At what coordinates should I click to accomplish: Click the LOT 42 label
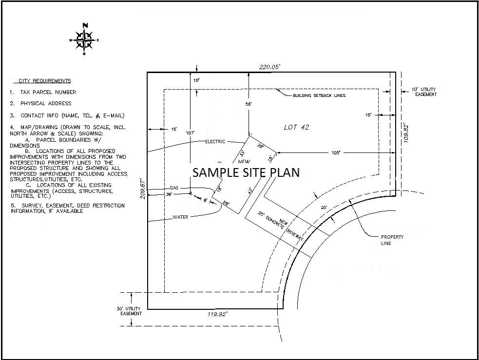point(296,127)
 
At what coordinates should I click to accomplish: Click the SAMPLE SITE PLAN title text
point(246,172)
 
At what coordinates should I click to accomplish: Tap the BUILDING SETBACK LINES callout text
point(319,95)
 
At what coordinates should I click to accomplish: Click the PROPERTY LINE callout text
point(392,240)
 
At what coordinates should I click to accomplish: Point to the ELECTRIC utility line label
point(215,142)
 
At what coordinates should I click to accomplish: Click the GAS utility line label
point(174,188)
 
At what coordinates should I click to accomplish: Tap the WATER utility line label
point(180,217)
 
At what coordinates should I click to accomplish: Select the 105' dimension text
point(335,153)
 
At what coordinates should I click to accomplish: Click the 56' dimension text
point(249,104)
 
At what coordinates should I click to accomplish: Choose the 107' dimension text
point(190,133)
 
